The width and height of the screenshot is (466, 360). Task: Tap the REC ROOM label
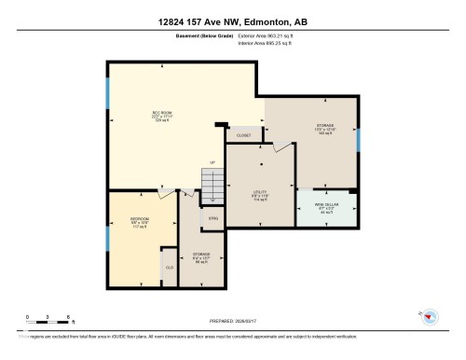click(x=165, y=118)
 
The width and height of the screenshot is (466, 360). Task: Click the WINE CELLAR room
click(x=325, y=210)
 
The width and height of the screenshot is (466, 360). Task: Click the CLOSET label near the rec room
click(x=244, y=135)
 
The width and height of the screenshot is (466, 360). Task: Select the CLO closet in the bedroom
click(x=169, y=267)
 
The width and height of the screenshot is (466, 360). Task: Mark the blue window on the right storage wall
click(x=358, y=137)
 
